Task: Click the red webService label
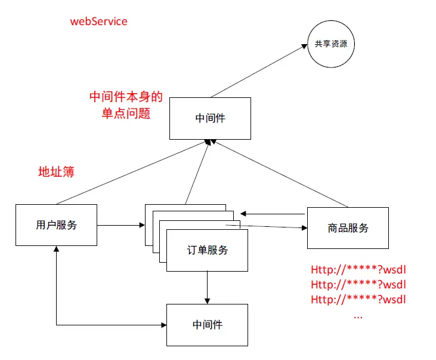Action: point(98,21)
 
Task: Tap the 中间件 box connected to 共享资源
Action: point(210,118)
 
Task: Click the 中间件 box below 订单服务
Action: point(207,325)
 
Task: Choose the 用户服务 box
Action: point(56,225)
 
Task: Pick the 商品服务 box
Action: point(348,227)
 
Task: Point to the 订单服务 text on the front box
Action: point(207,250)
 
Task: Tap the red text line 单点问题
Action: point(126,113)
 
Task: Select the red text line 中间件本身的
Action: point(126,97)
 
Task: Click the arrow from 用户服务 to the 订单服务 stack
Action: point(120,225)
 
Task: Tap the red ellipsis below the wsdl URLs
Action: point(358,316)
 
